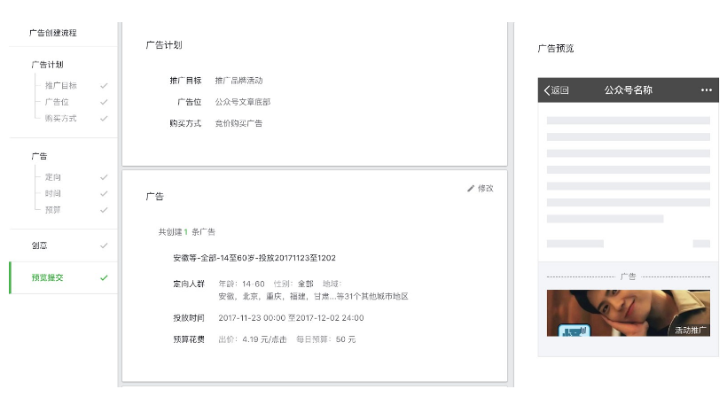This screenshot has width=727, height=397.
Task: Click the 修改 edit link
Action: (x=481, y=189)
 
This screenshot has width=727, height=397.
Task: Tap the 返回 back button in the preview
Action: (x=557, y=90)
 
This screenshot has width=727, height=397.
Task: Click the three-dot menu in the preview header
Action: (x=706, y=90)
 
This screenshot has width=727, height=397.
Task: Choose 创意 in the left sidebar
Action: (x=40, y=245)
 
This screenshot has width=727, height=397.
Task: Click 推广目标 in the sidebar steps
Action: (x=60, y=86)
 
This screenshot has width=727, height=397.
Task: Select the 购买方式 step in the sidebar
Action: (x=60, y=118)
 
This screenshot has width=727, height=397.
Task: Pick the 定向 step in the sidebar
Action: (x=52, y=177)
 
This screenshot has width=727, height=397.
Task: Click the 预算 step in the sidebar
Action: (x=52, y=209)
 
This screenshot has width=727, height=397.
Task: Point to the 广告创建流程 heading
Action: (x=52, y=33)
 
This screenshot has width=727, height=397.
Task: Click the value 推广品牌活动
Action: (x=238, y=81)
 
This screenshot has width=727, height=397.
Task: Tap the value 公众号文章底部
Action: (x=242, y=102)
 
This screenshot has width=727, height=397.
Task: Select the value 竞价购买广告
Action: (x=238, y=123)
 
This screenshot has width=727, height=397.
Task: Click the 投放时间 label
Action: (x=188, y=317)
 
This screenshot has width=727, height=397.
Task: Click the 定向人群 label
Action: (x=188, y=284)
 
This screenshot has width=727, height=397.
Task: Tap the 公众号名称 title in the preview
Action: (x=628, y=90)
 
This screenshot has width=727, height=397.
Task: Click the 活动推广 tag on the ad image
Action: (x=691, y=330)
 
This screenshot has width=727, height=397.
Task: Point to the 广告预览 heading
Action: (x=556, y=49)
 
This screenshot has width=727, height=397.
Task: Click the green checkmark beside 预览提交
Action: (x=104, y=277)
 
